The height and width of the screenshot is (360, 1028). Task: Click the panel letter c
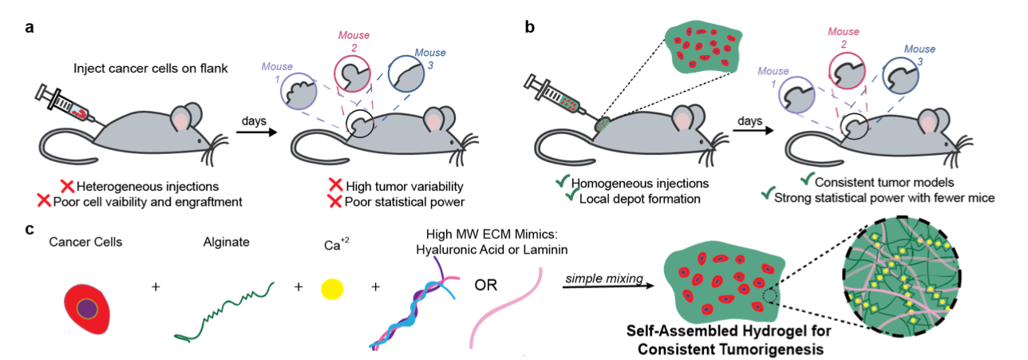coord(30,229)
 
